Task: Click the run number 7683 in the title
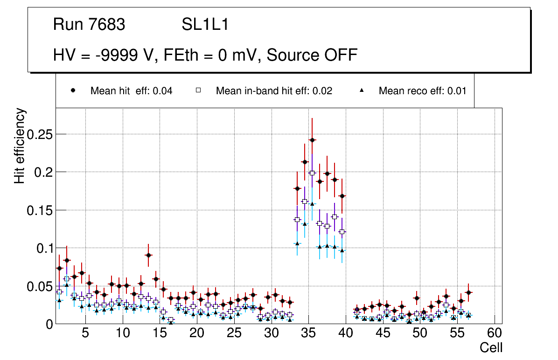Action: coord(107,24)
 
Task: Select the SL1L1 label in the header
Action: coord(205,24)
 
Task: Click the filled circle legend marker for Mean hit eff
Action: coord(73,90)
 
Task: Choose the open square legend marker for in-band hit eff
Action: coord(198,90)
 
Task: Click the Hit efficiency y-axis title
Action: coord(20,145)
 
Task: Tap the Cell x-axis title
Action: coord(491,347)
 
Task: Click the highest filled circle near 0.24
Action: coord(312,140)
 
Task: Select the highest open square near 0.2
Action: coord(312,173)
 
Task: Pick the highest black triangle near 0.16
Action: coord(312,204)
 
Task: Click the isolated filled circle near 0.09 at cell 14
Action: coord(148,255)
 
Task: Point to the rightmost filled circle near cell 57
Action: coord(468,292)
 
